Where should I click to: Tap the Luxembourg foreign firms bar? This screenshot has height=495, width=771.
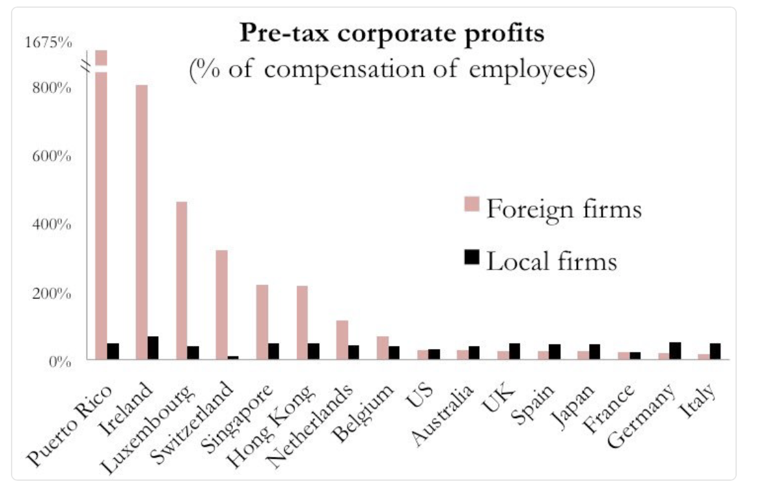coord(181,280)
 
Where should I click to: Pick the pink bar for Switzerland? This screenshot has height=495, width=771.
coord(221,304)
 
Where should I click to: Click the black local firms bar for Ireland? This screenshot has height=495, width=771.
coord(153,348)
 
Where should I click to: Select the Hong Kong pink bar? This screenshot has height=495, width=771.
coord(302,322)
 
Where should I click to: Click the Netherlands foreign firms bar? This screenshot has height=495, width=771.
coord(342,340)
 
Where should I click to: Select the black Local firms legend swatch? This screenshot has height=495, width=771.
coord(472,257)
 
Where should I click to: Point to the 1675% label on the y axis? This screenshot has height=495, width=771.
coord(48,43)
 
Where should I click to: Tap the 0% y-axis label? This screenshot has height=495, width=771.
coord(59,362)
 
